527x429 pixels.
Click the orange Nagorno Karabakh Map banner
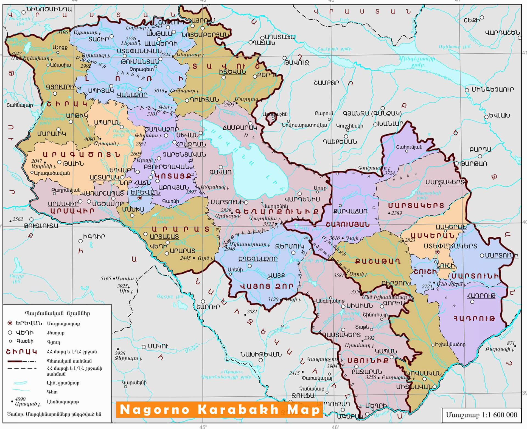pos(219,409)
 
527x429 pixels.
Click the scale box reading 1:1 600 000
pos(481,415)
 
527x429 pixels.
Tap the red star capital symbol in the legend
pos(10,323)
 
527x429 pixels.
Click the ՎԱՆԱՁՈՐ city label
pos(132,95)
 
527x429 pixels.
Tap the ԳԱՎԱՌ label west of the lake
pos(220,172)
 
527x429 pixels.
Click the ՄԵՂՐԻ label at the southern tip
pos(376,406)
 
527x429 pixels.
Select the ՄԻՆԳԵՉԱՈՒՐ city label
pos(492,90)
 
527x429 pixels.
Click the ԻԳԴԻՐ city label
pos(94,236)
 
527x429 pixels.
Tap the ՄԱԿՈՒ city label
pos(158,346)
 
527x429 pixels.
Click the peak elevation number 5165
pos(106,278)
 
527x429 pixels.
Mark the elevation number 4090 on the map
pos(89,139)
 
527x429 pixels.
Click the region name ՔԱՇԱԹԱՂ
pos(377,261)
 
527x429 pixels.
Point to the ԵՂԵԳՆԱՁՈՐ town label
pos(258,259)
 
